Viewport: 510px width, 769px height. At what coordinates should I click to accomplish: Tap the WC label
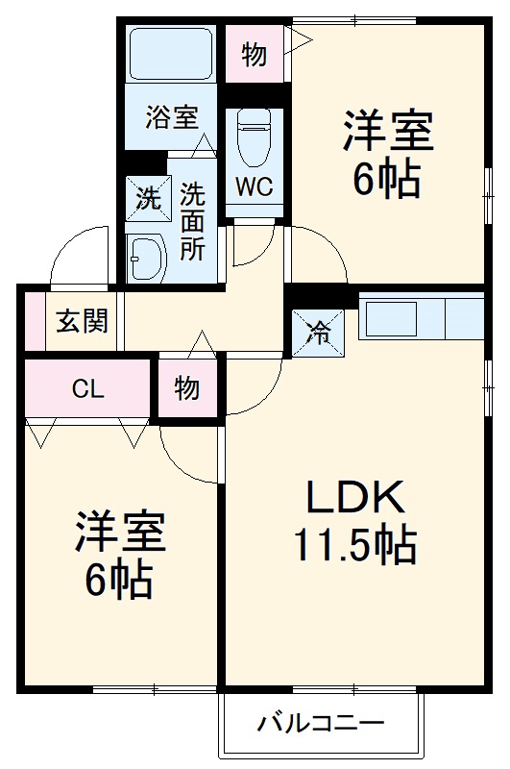click(254, 186)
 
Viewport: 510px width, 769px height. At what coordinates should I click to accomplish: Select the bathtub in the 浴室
click(171, 54)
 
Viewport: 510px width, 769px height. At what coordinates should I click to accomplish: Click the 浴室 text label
click(172, 117)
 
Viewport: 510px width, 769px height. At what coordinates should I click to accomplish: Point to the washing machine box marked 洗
click(149, 198)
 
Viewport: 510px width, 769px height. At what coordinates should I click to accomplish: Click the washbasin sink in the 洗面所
click(147, 258)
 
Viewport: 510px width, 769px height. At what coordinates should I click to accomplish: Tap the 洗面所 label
click(192, 222)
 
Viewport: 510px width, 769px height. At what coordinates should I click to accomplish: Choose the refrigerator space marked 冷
click(319, 333)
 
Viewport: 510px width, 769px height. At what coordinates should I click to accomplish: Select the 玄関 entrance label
click(82, 322)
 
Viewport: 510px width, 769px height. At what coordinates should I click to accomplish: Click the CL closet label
click(88, 389)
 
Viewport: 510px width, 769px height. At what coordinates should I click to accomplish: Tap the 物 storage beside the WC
click(255, 54)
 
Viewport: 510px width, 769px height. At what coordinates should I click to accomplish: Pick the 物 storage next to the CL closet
click(187, 388)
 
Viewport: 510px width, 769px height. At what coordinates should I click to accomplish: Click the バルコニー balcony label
click(321, 724)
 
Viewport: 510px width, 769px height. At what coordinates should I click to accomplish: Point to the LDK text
click(355, 497)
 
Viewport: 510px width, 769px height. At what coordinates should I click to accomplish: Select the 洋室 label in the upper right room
click(388, 131)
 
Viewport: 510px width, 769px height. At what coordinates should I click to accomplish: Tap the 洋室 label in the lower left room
click(120, 533)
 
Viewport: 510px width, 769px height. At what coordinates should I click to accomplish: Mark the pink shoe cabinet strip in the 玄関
click(35, 321)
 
